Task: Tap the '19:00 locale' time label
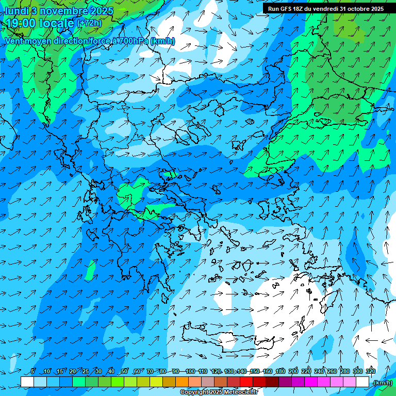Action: click(39, 23)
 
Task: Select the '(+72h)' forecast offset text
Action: click(89, 23)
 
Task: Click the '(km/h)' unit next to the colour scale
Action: click(382, 383)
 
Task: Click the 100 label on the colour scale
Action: click(190, 371)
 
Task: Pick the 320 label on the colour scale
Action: click(370, 371)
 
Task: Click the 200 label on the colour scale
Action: click(293, 371)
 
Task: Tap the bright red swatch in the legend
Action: click(246, 382)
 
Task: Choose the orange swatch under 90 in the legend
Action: click(182, 382)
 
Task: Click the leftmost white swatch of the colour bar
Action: click(27, 382)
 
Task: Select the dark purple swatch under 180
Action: click(285, 382)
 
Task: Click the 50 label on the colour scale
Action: click(124, 371)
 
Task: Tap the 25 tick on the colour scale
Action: click(86, 371)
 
